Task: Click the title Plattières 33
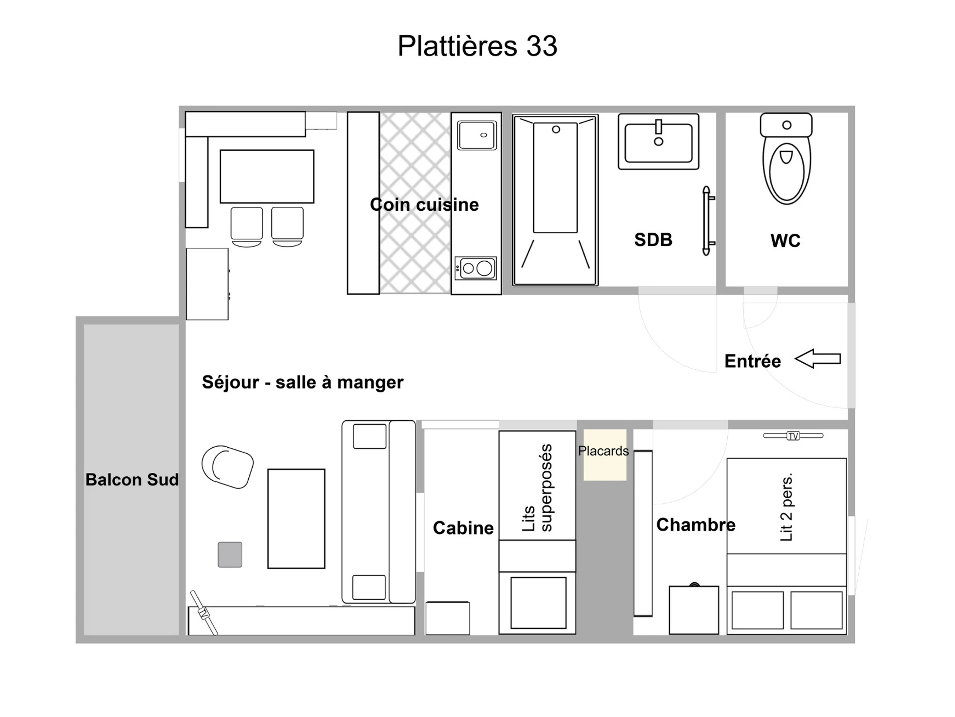click(477, 45)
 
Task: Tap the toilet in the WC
click(786, 159)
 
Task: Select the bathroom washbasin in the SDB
click(659, 141)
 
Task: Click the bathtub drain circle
click(556, 129)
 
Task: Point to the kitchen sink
click(477, 135)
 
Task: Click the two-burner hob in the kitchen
click(476, 268)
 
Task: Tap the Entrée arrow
click(818, 359)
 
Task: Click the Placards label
click(603, 451)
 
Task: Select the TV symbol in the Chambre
click(793, 436)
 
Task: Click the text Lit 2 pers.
click(787, 507)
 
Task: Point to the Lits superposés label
click(537, 488)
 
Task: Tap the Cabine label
click(463, 528)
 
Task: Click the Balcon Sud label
click(132, 479)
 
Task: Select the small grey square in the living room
click(230, 554)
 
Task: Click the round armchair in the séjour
click(228, 467)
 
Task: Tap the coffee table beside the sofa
click(296, 519)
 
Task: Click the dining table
click(267, 176)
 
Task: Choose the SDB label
click(653, 240)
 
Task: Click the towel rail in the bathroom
click(707, 221)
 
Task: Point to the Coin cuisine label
click(425, 204)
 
